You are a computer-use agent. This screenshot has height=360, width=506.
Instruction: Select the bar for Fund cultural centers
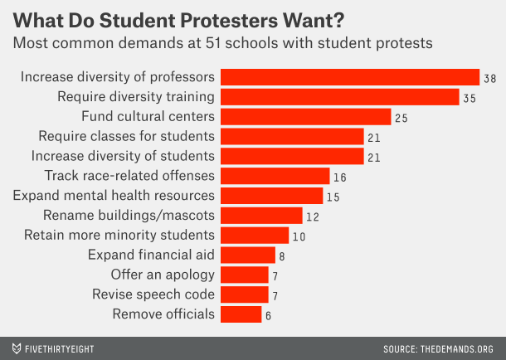coord(306,116)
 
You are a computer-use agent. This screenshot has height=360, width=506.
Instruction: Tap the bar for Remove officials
coord(241,314)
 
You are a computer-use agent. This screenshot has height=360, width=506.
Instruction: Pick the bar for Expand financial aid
coord(248,255)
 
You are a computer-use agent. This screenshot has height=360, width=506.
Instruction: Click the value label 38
coord(491,78)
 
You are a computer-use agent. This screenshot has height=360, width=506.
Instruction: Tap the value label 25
coord(401,118)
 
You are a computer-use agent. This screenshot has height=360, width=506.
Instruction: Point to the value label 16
coord(339,177)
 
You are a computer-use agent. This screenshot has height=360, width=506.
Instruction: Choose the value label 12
coord(312,216)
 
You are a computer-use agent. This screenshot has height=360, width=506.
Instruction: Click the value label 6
coord(268,315)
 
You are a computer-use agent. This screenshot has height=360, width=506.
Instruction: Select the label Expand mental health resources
coord(114,196)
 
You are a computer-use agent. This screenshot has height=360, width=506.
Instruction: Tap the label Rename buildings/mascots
coord(129,216)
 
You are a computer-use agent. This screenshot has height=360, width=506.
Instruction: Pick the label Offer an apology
coord(163,275)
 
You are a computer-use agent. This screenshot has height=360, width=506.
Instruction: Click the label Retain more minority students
coord(120,235)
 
